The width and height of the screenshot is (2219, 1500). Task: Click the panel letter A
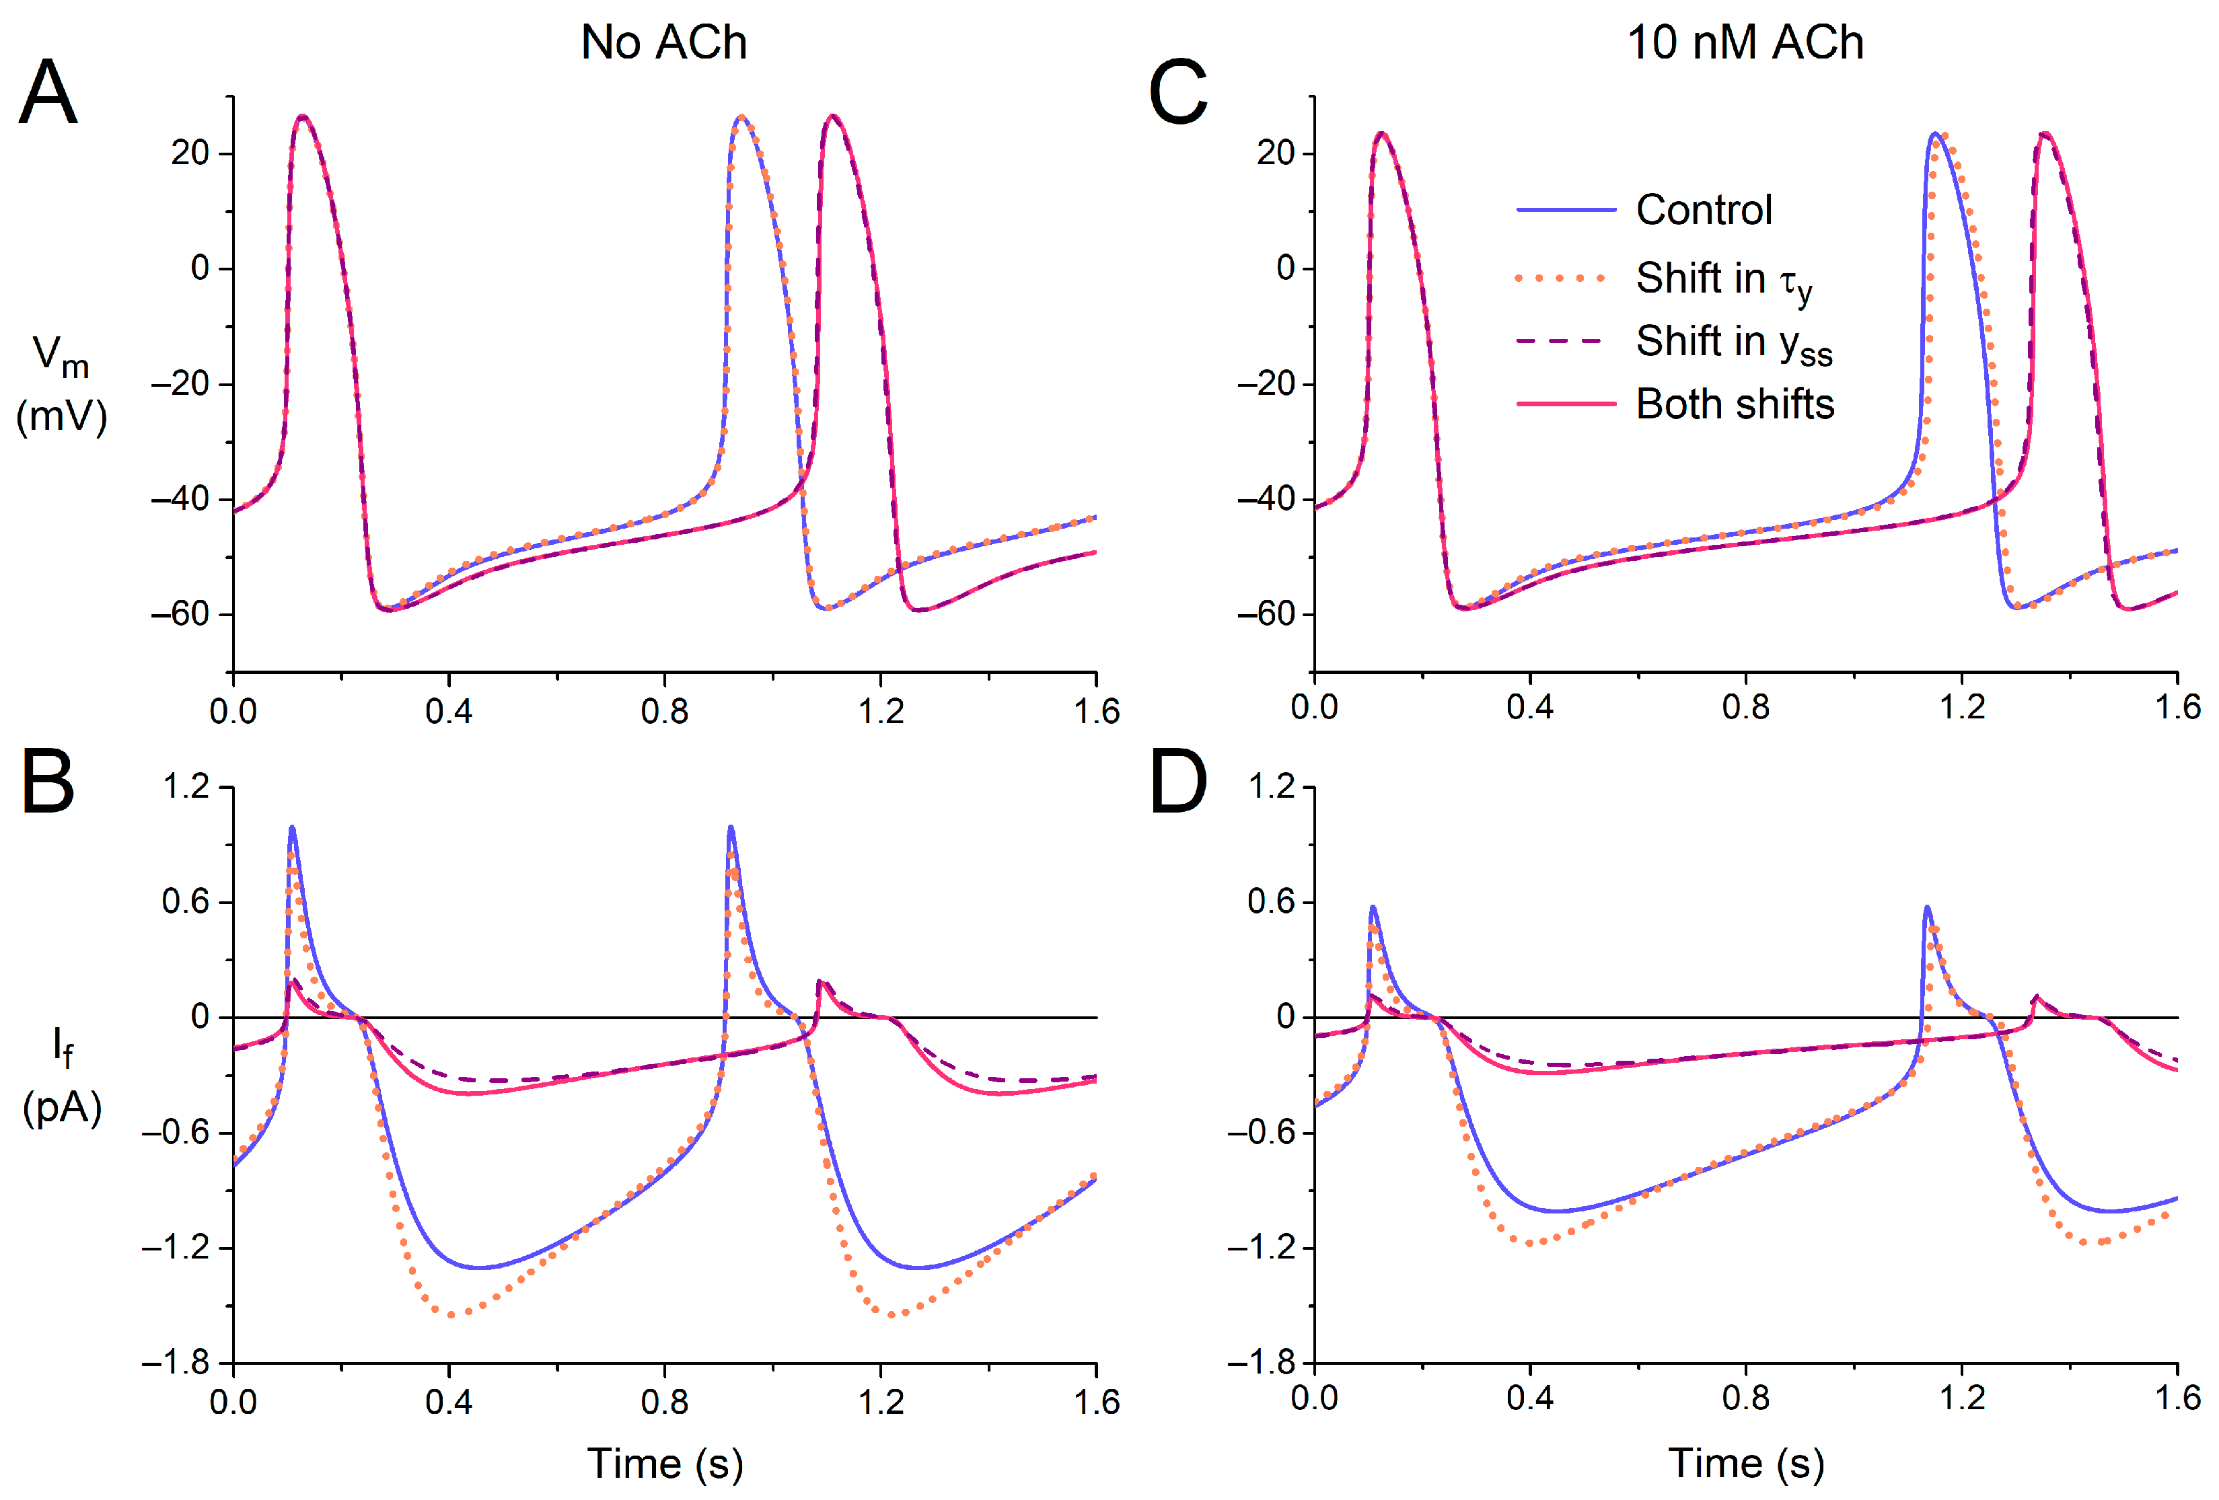pyautogui.click(x=48, y=93)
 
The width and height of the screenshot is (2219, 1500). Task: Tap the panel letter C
pyautogui.click(x=1177, y=93)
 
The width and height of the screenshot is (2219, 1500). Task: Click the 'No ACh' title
pyautogui.click(x=663, y=42)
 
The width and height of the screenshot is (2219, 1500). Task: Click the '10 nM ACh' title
pyautogui.click(x=1745, y=42)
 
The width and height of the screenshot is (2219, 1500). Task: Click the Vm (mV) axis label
pyautogui.click(x=61, y=384)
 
